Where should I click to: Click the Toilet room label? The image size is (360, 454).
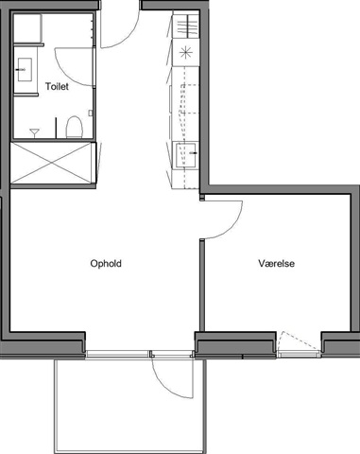click(57, 86)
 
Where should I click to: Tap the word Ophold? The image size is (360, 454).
click(106, 264)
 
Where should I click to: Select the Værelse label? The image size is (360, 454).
click(277, 263)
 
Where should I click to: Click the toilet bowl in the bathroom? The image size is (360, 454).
click(74, 127)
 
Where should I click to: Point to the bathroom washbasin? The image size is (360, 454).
click(25, 69)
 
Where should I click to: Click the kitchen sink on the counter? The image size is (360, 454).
click(186, 154)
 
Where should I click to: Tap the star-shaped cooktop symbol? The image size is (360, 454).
click(185, 52)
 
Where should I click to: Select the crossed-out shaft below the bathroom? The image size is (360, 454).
click(53, 163)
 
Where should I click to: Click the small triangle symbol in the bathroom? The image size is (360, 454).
click(34, 133)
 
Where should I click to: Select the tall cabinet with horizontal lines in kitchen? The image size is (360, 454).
click(186, 26)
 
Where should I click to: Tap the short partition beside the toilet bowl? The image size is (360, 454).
click(56, 128)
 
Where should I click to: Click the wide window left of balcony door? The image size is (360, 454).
click(117, 354)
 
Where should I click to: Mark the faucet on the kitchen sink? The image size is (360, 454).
click(193, 153)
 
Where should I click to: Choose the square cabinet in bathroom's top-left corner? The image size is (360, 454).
click(27, 27)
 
